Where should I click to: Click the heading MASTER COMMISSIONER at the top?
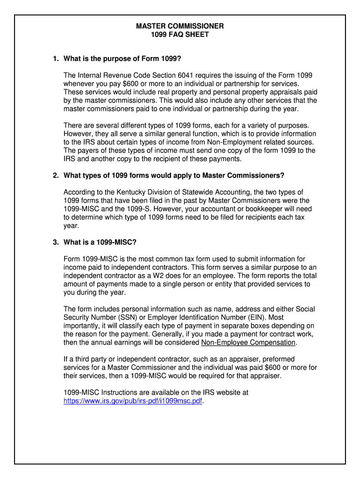(x=180, y=26)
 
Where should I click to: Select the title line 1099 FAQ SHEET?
(x=180, y=35)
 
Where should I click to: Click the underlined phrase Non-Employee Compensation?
(x=248, y=342)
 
